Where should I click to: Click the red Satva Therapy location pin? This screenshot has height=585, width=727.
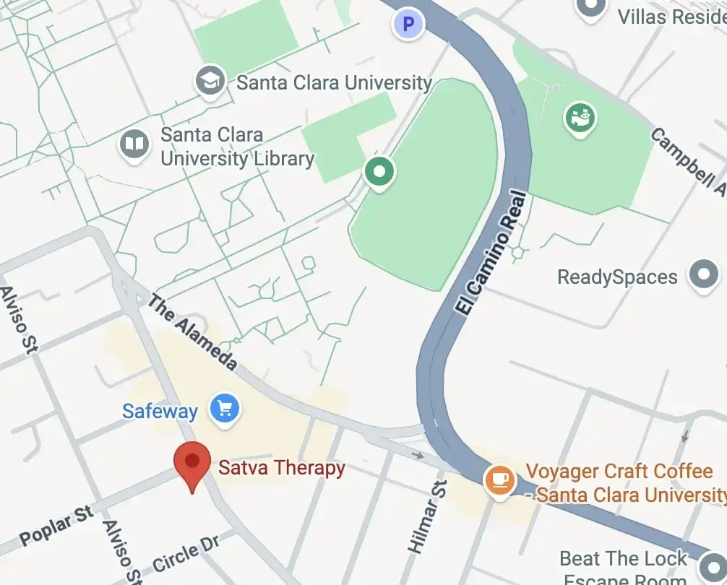(192, 463)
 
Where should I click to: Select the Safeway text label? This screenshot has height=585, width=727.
(160, 412)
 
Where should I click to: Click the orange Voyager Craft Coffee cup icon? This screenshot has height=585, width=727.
(499, 480)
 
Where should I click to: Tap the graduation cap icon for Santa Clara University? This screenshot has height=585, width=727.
(211, 80)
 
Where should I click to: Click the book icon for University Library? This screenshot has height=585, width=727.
(134, 144)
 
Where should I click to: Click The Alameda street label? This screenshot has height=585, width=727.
(192, 332)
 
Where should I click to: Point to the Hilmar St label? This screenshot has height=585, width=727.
(427, 517)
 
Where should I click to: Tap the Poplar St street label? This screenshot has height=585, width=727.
(56, 526)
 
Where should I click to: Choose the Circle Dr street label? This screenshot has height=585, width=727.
(186, 558)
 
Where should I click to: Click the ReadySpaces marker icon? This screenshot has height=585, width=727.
(703, 275)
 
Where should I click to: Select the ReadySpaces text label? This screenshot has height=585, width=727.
(617, 277)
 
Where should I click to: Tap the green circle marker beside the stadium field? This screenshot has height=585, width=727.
(380, 173)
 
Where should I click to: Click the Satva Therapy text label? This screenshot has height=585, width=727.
(281, 468)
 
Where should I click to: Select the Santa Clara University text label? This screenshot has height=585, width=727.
(334, 82)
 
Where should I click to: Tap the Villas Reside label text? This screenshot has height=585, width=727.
(671, 16)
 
